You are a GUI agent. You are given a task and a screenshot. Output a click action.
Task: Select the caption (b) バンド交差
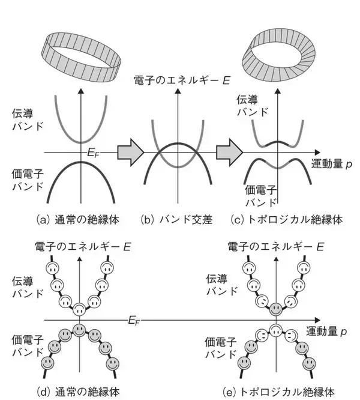tap(176, 220)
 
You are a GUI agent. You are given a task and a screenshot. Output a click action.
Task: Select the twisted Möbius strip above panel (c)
tap(276, 51)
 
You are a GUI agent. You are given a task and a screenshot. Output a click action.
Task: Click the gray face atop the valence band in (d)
tap(79, 329)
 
